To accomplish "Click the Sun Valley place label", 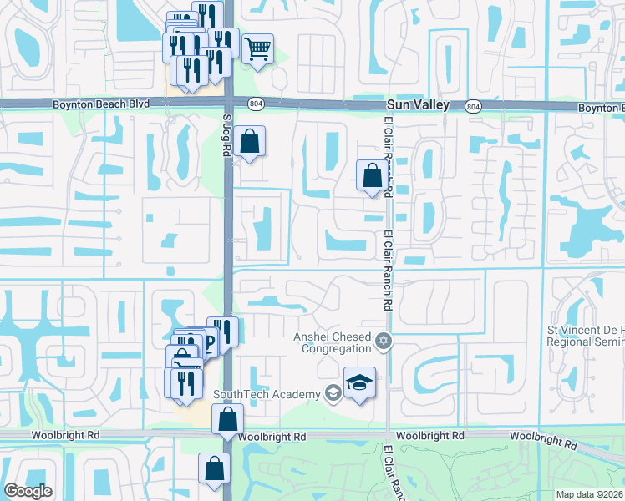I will click(419, 105).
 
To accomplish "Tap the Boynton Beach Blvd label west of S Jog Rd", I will click(100, 104).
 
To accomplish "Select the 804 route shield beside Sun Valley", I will click(473, 106).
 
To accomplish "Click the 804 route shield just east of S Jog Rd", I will click(255, 103).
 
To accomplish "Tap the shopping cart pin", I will click(258, 49).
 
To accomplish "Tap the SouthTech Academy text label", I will click(267, 394).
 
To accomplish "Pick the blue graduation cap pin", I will click(359, 382).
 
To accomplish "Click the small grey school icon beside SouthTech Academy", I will click(333, 393).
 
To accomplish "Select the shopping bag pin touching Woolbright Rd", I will click(227, 419).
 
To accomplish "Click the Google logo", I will click(28, 491).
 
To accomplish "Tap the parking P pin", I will click(207, 342).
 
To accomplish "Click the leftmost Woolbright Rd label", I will click(64, 436).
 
